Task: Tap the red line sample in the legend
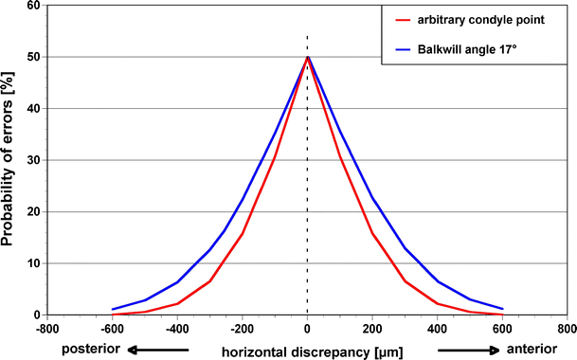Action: point(402,18)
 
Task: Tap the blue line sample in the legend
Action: point(402,45)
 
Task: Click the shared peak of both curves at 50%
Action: point(307,57)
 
